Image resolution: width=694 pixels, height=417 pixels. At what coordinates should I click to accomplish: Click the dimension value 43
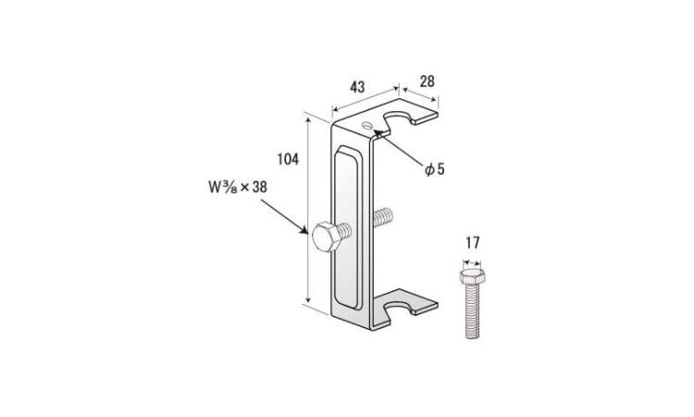coord(357,87)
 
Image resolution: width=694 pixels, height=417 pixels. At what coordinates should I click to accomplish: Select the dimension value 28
coord(428,82)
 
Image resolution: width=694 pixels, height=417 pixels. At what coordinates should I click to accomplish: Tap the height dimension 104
coord(288,159)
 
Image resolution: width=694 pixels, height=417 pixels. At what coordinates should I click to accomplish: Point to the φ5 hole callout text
coord(434,169)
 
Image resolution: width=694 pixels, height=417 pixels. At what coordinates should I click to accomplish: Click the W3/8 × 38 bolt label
coord(238,187)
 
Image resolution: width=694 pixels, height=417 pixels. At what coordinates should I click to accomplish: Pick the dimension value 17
coord(473,243)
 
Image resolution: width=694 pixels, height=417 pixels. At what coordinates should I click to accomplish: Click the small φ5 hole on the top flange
coord(367,125)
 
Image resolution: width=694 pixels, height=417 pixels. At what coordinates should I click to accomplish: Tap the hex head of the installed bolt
coord(327,237)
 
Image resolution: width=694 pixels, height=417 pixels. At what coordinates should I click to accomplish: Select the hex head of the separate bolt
coord(472,277)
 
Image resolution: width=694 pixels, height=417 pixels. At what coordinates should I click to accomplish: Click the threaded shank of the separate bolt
coord(472,311)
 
